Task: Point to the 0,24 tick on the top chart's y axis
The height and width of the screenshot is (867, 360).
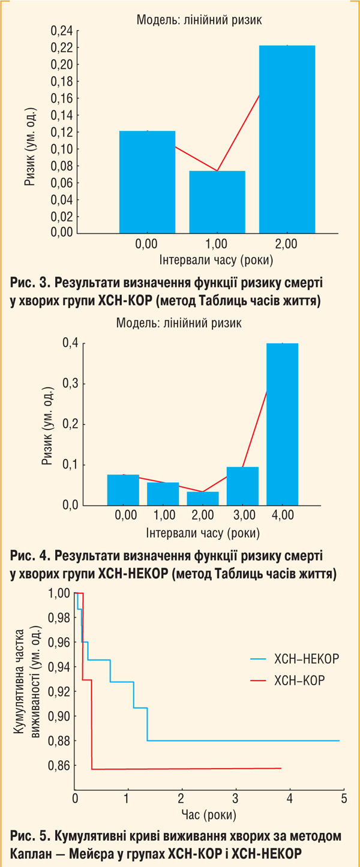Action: pos(62,31)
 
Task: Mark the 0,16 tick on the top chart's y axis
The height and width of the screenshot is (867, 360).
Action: pos(62,98)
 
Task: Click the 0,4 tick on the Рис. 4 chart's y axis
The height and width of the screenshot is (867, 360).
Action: pos(71,343)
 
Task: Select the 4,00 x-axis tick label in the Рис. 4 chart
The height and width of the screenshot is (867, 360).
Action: pos(282,515)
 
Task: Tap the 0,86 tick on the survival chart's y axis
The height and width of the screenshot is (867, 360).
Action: pos(60,766)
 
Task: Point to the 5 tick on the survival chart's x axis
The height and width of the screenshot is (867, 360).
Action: pos(344,798)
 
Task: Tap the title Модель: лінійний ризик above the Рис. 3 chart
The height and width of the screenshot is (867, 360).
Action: pos(199,20)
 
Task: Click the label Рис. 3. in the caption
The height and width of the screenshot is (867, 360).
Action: pos(28,281)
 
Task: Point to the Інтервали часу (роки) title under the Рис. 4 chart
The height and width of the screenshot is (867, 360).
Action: pos(202,532)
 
